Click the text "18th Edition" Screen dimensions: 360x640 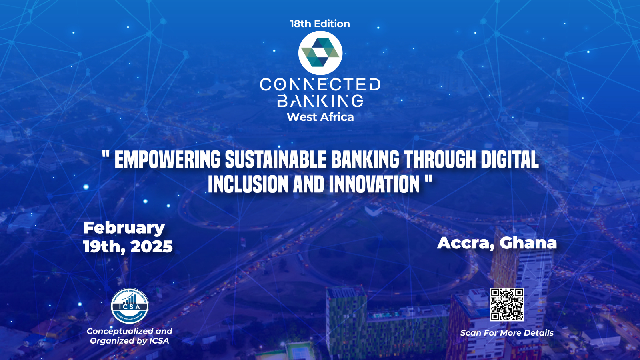pos(320,24)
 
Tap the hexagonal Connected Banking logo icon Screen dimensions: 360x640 pos(320,53)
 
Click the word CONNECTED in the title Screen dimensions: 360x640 pos(320,84)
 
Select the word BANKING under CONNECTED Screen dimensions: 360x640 pos(320,101)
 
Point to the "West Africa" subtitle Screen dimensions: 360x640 pos(320,117)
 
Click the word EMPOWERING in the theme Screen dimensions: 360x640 pos(167,160)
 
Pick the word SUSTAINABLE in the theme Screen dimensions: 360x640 pos(276,160)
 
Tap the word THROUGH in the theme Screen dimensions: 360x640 pos(440,160)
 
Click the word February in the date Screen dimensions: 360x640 pos(124,228)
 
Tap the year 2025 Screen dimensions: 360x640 pos(151,247)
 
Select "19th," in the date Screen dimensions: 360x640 pos(104,247)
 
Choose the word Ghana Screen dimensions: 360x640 pos(528,243)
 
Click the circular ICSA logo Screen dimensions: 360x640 pos(130,306)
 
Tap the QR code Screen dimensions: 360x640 pos(507,304)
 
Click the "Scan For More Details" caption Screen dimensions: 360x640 pos(507,333)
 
